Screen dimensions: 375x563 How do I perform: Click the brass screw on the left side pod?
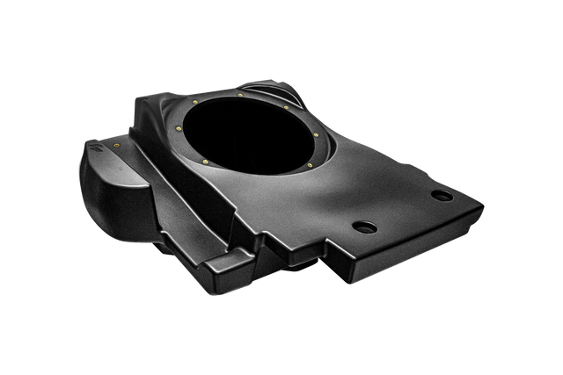point(117,140)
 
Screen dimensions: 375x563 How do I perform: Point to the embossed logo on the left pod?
point(98,159)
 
